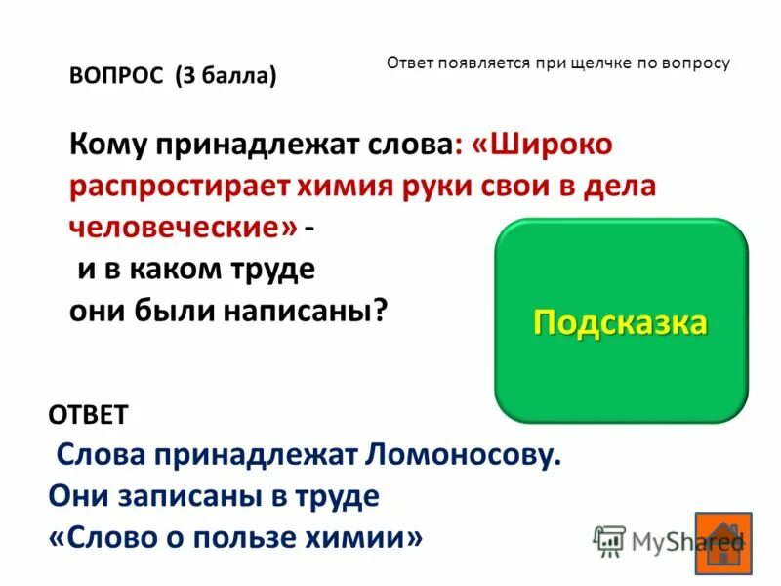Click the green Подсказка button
tap(621, 321)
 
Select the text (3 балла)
tap(226, 76)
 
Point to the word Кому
tap(104, 146)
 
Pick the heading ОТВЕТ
tap(88, 414)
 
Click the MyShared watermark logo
tap(668, 540)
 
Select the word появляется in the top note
tap(479, 63)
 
